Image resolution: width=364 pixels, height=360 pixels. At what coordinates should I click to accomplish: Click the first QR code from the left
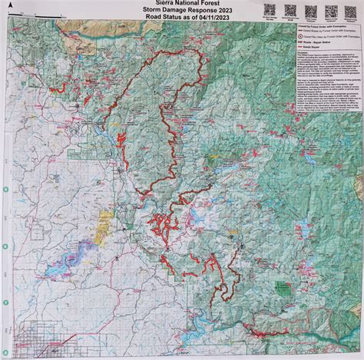[269, 9]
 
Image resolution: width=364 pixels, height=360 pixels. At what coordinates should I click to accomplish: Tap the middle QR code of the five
[311, 9]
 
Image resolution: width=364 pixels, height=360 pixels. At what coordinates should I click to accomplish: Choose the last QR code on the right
[351, 9]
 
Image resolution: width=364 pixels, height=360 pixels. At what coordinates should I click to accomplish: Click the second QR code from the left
[290, 9]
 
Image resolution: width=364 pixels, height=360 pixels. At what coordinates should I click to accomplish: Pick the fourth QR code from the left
[331, 9]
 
